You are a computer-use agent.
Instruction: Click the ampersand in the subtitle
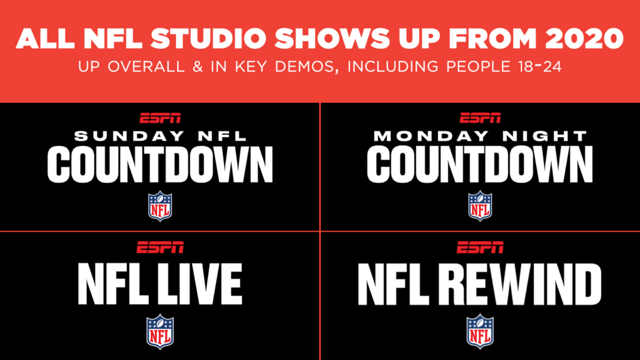tap(197, 67)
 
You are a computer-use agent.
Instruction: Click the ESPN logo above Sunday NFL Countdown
tap(160, 119)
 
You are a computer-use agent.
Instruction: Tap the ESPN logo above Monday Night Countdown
tap(480, 118)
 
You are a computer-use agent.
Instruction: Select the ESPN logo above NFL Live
tap(160, 247)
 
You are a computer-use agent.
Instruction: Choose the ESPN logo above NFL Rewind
tap(480, 247)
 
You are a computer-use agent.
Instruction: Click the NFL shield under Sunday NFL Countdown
tap(160, 206)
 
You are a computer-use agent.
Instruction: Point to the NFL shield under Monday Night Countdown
tap(480, 206)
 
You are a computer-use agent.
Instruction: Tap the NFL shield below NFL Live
tap(160, 331)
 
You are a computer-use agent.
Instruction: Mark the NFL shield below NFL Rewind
tap(480, 331)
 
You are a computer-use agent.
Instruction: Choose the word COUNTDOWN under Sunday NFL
tap(160, 165)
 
